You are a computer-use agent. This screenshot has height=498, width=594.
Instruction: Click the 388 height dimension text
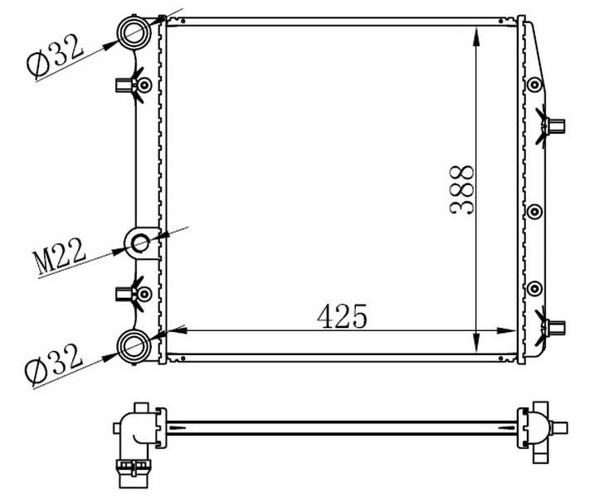point(462,190)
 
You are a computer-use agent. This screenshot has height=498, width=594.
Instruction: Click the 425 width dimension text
point(342,316)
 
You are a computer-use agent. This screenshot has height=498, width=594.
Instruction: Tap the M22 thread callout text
point(60,256)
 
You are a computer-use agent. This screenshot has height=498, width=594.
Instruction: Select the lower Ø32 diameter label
point(53,364)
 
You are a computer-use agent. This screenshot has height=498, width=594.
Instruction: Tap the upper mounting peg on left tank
point(123,85)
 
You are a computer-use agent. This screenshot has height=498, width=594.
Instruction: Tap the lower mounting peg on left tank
point(123,294)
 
